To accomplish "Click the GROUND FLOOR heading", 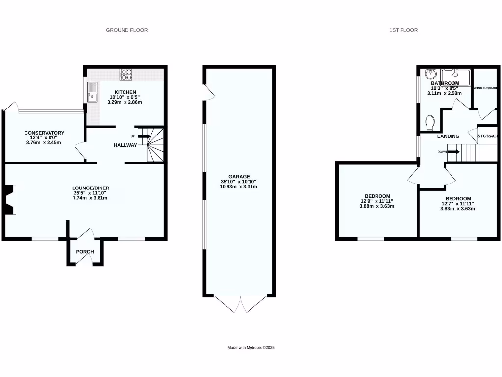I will (x=127, y=30).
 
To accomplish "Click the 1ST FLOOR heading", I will (x=403, y=30).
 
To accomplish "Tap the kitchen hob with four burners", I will (x=126, y=74).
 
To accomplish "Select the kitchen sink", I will (x=92, y=92).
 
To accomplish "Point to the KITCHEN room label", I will (x=125, y=92).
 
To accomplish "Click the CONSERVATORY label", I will (x=45, y=133).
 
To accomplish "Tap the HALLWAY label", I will (x=125, y=145).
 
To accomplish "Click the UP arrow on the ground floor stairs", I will (x=144, y=136).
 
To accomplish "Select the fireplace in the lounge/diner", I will (x=11, y=199).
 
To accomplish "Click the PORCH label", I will (x=85, y=252).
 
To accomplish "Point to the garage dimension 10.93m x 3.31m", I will (x=239, y=187).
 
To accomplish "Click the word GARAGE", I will (x=239, y=177).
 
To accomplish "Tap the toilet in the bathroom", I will (x=430, y=121).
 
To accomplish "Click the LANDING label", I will (x=448, y=136).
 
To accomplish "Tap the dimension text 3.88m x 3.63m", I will (x=376, y=206).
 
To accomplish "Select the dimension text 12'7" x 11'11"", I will (x=457, y=204).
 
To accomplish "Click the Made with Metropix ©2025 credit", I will (x=251, y=348).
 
